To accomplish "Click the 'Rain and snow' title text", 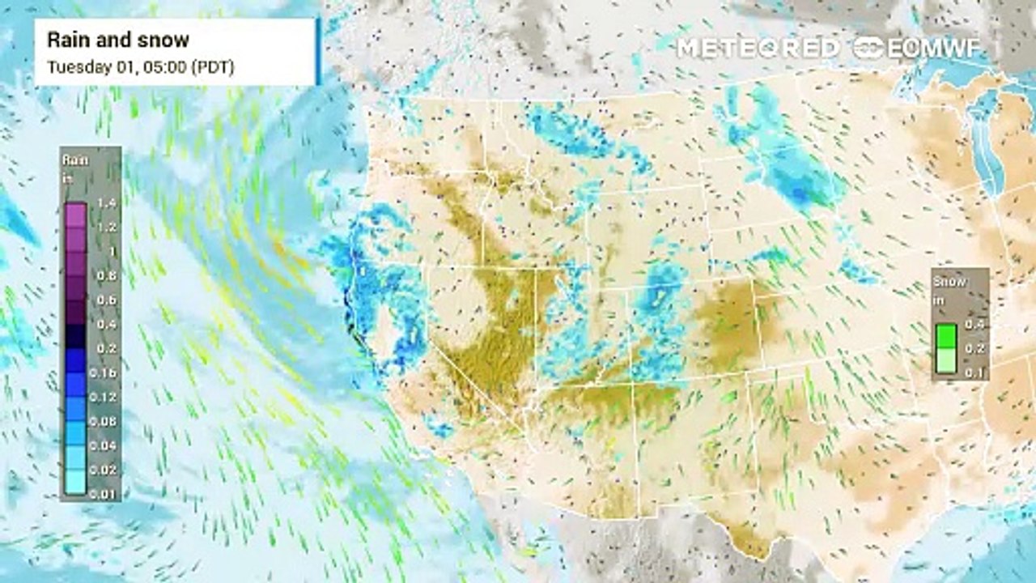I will (x=118, y=40).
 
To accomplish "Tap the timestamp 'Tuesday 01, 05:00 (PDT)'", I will (x=141, y=67).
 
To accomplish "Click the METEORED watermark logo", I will (x=758, y=48).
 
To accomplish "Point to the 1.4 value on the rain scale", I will (x=105, y=203).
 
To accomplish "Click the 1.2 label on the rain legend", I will (x=105, y=228).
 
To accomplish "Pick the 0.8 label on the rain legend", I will (x=105, y=275).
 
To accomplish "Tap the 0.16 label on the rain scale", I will (x=105, y=372).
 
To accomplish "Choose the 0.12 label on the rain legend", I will (x=105, y=397).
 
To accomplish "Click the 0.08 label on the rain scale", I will (x=105, y=421).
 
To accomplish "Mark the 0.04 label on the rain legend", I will (x=105, y=445).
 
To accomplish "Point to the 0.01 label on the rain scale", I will (x=105, y=493).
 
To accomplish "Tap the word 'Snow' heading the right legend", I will (x=948, y=282).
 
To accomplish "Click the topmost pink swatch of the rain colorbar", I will (x=75, y=215).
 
